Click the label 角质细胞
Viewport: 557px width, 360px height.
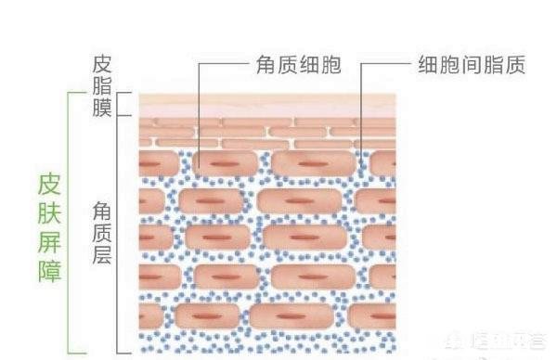click(296, 66)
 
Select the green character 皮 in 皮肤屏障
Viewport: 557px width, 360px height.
click(50, 183)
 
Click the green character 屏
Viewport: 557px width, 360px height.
click(50, 243)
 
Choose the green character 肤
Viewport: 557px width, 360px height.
click(50, 212)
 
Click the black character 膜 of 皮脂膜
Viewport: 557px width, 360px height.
click(101, 109)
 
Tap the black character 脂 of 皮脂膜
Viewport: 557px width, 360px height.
click(101, 87)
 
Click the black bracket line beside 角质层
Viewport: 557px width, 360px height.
click(118, 232)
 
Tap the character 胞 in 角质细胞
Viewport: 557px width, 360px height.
click(329, 66)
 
